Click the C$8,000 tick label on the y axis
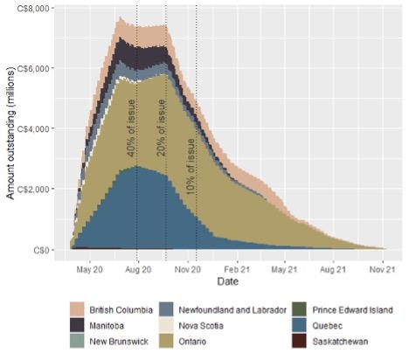(36, 9)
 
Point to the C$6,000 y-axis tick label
(36, 69)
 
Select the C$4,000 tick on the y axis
(36, 129)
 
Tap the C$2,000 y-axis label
(36, 190)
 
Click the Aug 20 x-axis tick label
(138, 271)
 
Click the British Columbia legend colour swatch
(78, 310)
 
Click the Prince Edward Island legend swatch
(299, 310)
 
